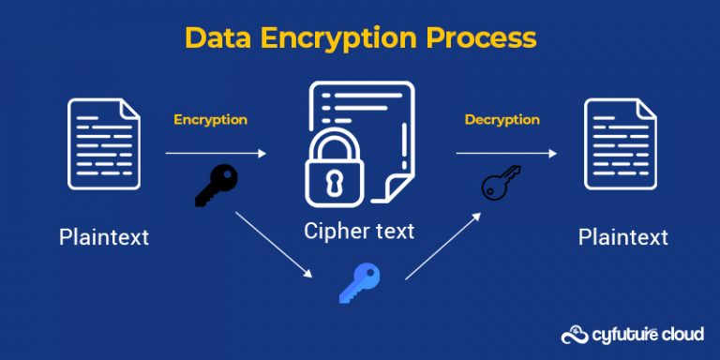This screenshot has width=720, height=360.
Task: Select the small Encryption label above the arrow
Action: pos(210,120)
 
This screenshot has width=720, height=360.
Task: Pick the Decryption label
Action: pos(502,120)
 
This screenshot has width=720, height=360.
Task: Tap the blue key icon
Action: pos(359,281)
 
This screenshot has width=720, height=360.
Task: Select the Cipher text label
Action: pos(359,231)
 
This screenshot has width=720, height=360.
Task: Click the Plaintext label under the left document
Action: pos(104,236)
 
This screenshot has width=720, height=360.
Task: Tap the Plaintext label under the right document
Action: pos(623,236)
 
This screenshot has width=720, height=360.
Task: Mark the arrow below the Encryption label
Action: pos(216,153)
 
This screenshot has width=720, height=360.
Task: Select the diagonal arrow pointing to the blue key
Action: pos(273,246)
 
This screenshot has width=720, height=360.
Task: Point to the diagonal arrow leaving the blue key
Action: pos(443,246)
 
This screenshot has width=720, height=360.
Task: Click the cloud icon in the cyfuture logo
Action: pos(573,335)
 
